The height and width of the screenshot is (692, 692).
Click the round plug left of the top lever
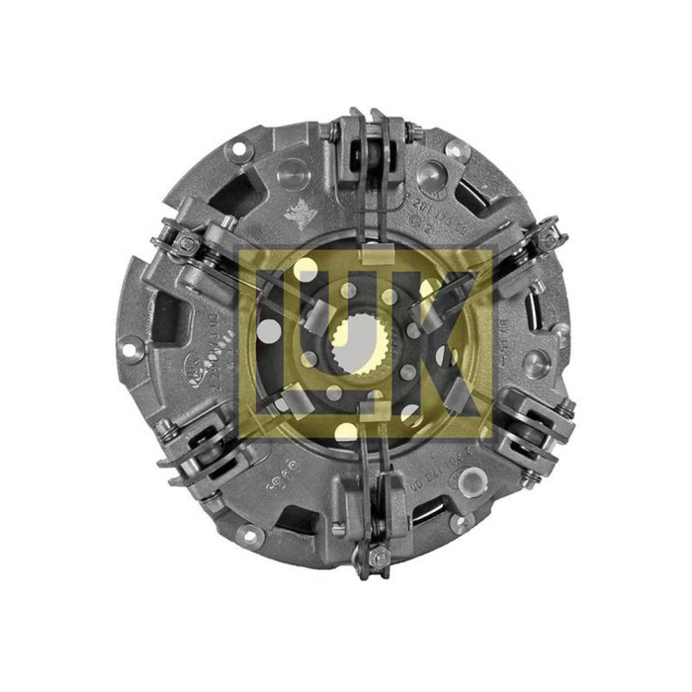(293, 176)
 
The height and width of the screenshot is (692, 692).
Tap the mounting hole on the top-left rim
(236, 150)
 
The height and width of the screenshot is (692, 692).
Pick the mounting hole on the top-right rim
(456, 150)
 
